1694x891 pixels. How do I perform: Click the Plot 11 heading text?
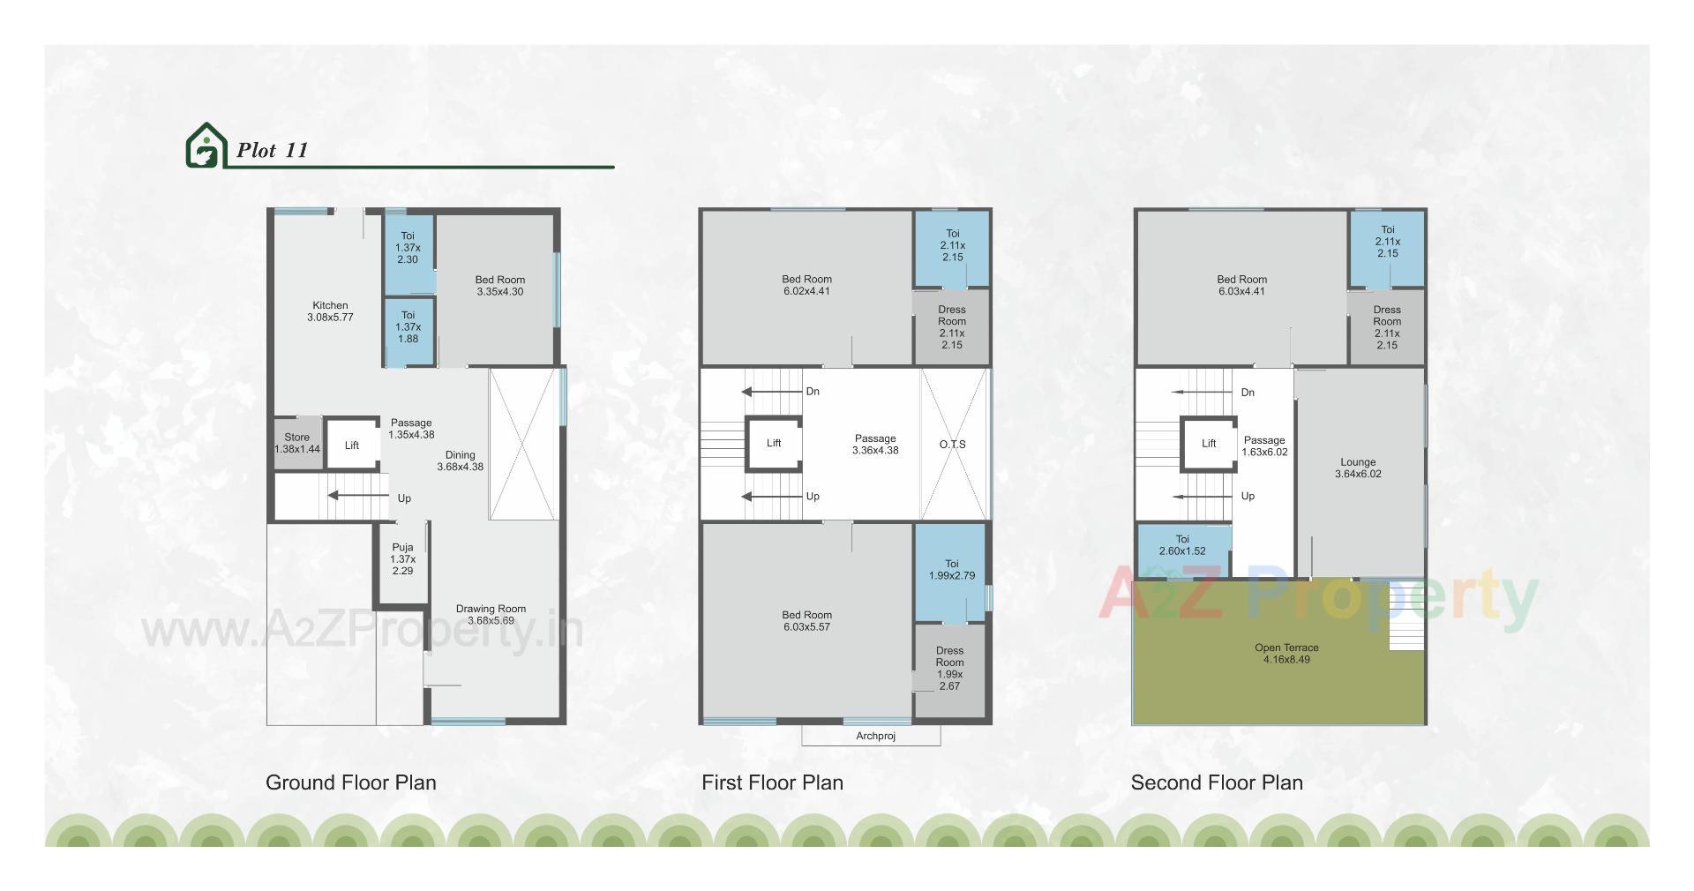pyautogui.click(x=273, y=150)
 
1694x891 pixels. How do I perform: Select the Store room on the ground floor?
pyautogui.click(x=297, y=443)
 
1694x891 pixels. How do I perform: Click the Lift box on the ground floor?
pyautogui.click(x=352, y=445)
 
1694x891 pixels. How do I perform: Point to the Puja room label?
pyautogui.click(x=403, y=559)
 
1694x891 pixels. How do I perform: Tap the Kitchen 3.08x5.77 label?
pyautogui.click(x=330, y=311)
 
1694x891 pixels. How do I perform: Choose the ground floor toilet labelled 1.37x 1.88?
pyautogui.click(x=408, y=326)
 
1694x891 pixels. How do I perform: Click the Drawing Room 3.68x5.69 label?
pyautogui.click(x=491, y=614)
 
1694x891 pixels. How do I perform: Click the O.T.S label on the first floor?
pyautogui.click(x=952, y=444)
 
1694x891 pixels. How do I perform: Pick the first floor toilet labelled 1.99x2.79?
pyautogui.click(x=951, y=569)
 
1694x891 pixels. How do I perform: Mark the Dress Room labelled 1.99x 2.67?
pyautogui.click(x=949, y=668)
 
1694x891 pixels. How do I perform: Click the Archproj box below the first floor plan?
pyautogui.click(x=875, y=736)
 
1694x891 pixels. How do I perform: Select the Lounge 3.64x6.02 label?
pyautogui.click(x=1358, y=468)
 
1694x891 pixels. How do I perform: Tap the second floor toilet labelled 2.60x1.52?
pyautogui.click(x=1182, y=544)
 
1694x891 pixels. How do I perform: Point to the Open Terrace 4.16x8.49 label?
pyautogui.click(x=1286, y=653)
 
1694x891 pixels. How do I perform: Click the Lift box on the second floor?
pyautogui.click(x=1209, y=443)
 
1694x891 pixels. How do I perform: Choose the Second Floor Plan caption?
pyautogui.click(x=1217, y=782)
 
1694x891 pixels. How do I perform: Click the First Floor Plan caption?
pyautogui.click(x=772, y=782)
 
